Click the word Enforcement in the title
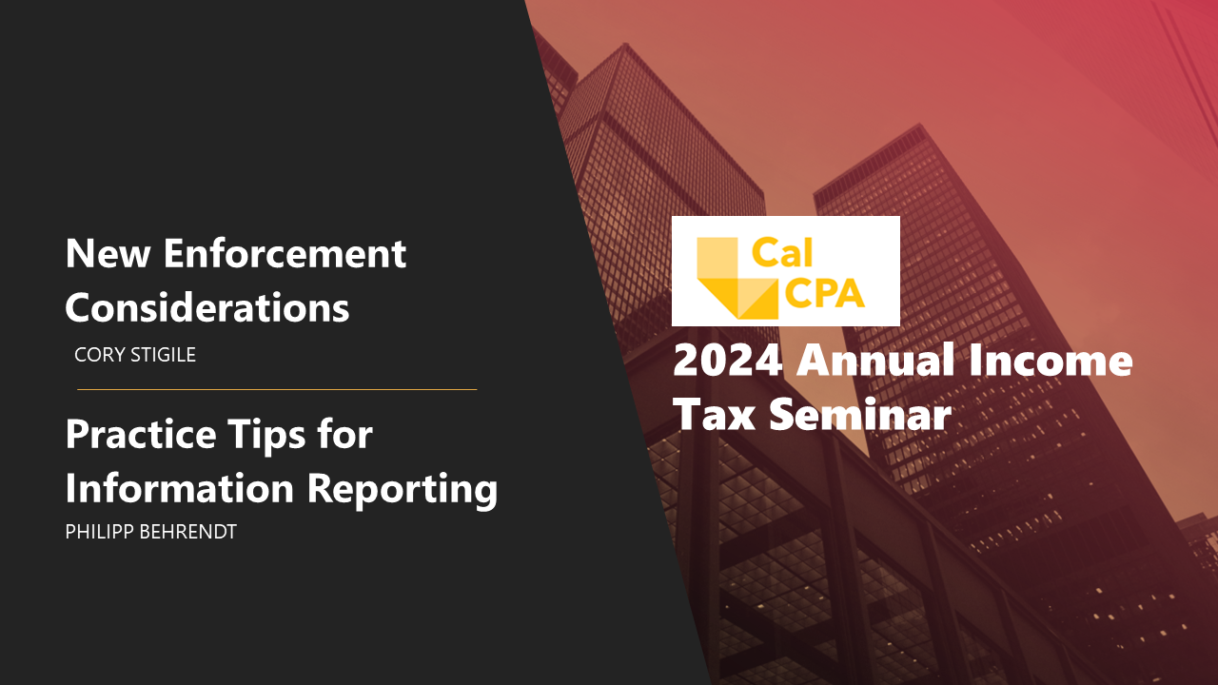[285, 253]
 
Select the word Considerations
[207, 307]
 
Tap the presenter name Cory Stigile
[135, 355]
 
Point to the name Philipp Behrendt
[150, 531]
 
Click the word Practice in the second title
[141, 435]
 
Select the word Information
[180, 488]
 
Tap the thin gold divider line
[277, 389]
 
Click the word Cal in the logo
[782, 253]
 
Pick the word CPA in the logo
[824, 294]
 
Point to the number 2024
[728, 360]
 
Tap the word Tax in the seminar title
[714, 414]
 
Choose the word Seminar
[860, 413]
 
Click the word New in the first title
[108, 253]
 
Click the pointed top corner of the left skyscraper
[626, 44]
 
